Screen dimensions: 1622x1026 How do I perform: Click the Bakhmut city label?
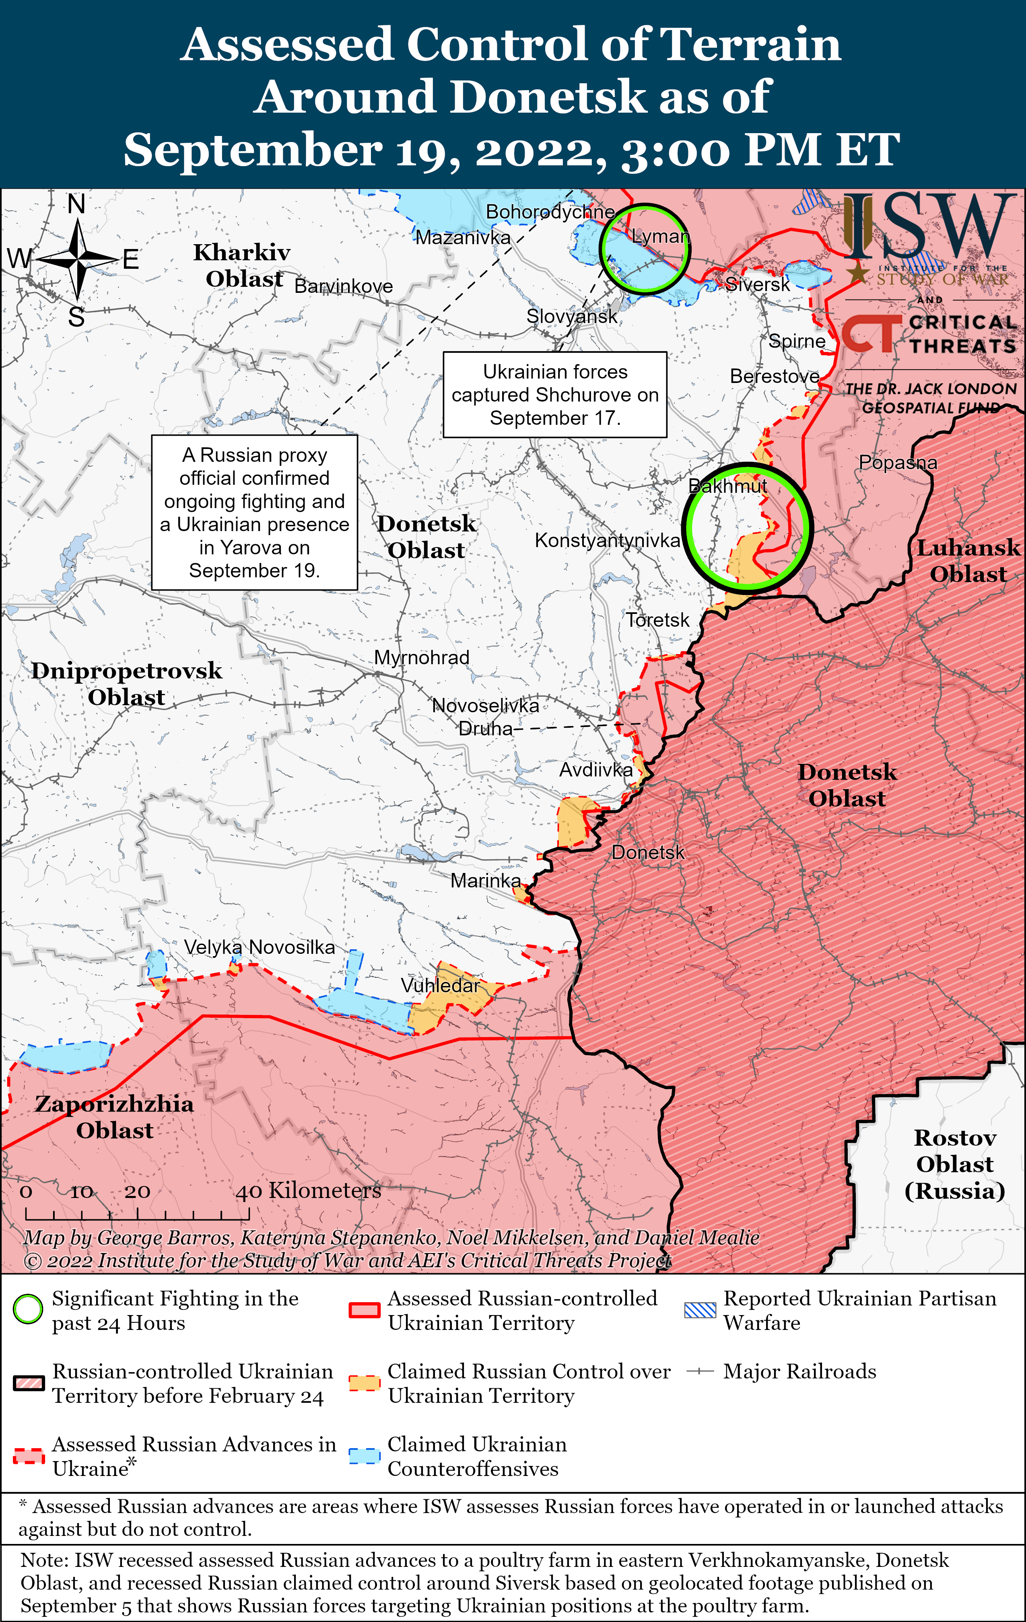tap(727, 486)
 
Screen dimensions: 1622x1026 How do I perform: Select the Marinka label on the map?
tap(485, 880)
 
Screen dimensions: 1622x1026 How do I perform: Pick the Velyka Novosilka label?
tap(260, 947)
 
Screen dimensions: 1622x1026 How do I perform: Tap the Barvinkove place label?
tap(344, 286)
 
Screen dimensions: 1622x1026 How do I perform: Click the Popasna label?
tap(897, 463)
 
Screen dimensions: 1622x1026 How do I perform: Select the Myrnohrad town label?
tap(422, 657)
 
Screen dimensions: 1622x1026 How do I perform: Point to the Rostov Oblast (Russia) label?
tap(955, 1164)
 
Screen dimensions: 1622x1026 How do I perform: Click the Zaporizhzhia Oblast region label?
tap(115, 1117)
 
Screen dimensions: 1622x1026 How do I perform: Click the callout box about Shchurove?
tap(554, 395)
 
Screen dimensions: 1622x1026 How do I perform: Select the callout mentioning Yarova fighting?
tap(255, 513)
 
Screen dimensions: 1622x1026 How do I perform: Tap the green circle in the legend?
tap(28, 1309)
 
